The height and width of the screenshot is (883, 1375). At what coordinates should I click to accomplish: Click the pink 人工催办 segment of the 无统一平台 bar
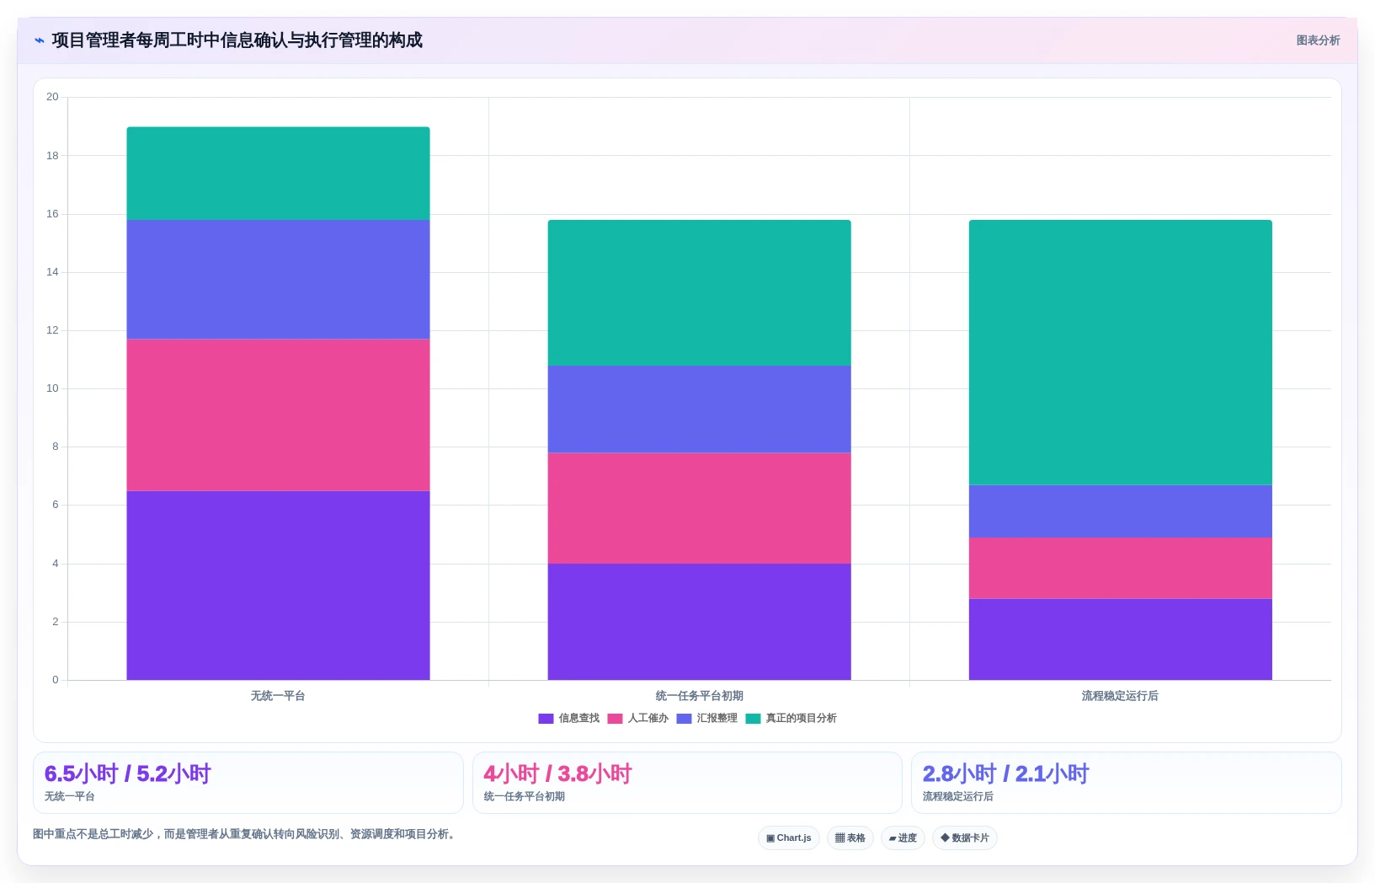[x=278, y=415]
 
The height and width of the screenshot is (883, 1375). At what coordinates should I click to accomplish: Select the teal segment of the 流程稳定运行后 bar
[x=1120, y=352]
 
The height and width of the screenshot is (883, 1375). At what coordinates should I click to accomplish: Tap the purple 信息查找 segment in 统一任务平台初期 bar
[x=699, y=622]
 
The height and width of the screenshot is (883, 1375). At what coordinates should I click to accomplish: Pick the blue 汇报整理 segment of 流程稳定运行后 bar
[x=1120, y=511]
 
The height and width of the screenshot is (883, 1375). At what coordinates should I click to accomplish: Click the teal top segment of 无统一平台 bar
[x=278, y=174]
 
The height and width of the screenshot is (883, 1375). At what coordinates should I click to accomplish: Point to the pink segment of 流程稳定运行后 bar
[x=1120, y=568]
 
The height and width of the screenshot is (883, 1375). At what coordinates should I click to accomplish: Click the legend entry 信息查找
[x=568, y=718]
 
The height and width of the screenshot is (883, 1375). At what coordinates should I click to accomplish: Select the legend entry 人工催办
[x=637, y=718]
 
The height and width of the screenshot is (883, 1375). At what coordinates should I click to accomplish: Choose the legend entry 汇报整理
[x=706, y=718]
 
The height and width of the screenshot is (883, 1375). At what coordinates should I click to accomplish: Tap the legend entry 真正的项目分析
[x=791, y=718]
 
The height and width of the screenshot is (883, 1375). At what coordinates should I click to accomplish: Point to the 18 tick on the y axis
[x=52, y=155]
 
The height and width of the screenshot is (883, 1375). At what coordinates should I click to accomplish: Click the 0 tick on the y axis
[x=56, y=680]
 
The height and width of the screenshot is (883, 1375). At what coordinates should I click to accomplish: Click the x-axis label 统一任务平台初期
[x=699, y=696]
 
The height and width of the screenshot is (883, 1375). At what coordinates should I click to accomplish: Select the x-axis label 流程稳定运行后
[x=1120, y=696]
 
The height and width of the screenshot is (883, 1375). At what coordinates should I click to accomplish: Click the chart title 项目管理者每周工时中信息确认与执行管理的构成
[x=237, y=40]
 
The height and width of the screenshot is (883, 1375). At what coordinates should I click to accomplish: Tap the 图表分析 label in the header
[x=1318, y=40]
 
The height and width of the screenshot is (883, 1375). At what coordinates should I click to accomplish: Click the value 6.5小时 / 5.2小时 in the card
[x=128, y=773]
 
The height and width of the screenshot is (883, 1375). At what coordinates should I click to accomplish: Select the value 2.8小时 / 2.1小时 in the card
[x=1005, y=773]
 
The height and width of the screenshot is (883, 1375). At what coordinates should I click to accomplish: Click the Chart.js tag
[x=789, y=838]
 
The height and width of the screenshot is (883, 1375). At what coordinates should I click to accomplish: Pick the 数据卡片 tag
[x=964, y=838]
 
